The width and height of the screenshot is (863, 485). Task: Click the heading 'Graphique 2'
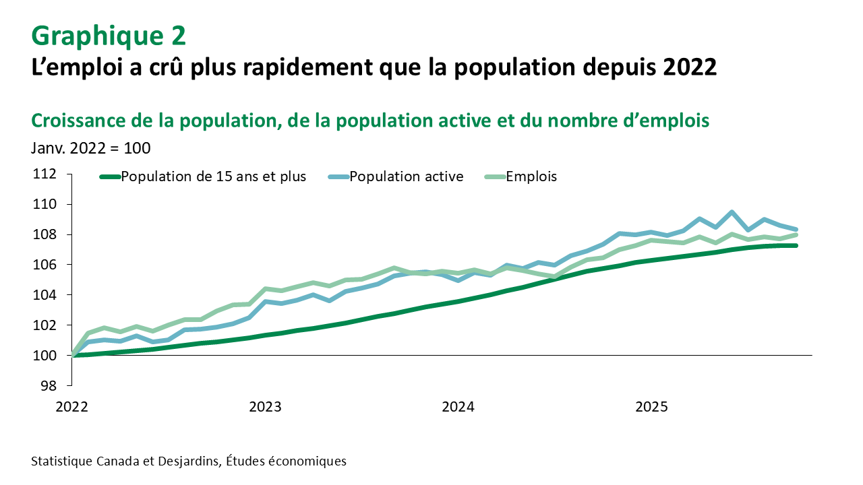point(109,36)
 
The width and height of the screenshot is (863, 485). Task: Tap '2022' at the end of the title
point(690,67)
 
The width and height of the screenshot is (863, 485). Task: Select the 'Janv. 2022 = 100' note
point(90,148)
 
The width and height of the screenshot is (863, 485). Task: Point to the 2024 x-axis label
point(458,407)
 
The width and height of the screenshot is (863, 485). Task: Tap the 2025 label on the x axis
point(651,407)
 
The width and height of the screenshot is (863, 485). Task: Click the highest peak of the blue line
point(732,212)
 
